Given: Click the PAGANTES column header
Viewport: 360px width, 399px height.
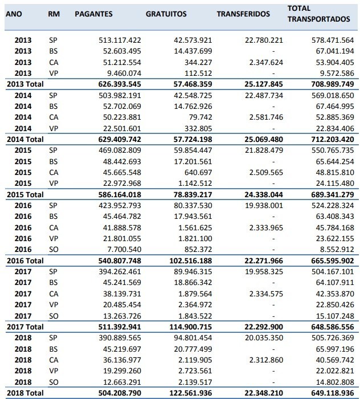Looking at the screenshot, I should coord(93,14).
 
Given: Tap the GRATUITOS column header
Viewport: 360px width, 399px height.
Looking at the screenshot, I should coord(166,14).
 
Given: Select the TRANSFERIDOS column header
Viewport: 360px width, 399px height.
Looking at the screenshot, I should coord(243,14).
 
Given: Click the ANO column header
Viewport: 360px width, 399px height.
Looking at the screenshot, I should coord(14,14).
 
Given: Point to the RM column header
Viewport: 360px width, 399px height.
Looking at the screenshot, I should coord(54,14).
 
